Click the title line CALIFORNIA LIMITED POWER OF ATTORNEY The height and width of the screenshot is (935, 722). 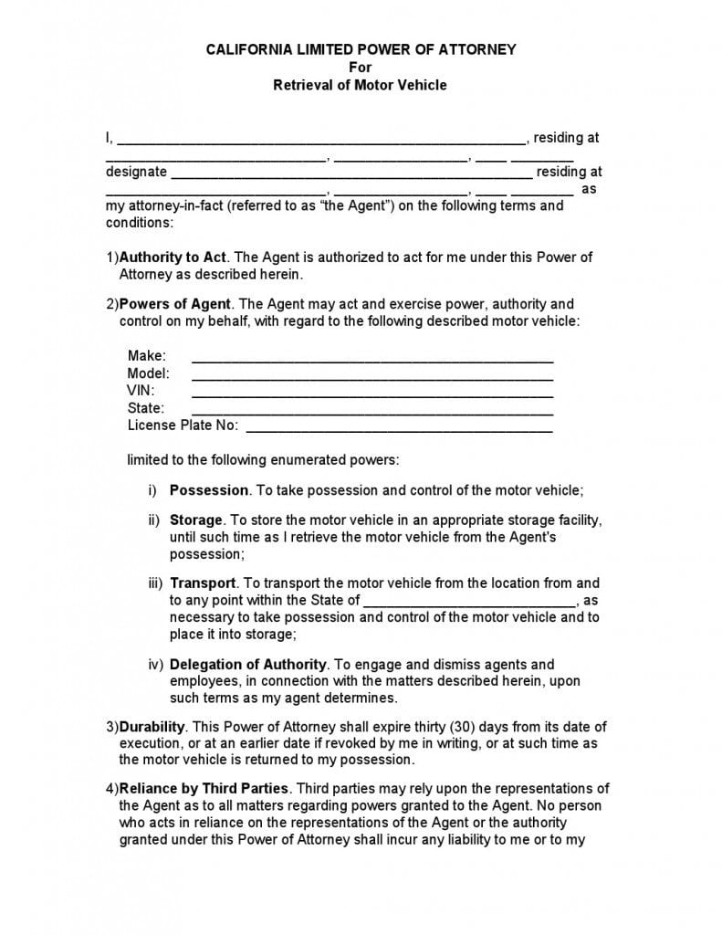click(x=361, y=49)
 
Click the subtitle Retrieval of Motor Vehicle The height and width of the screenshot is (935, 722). click(x=361, y=85)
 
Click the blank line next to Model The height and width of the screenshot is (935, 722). click(x=371, y=376)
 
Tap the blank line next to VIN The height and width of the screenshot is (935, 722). click(x=371, y=394)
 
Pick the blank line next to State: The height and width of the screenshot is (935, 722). click(x=371, y=411)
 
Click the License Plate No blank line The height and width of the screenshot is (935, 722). click(x=399, y=428)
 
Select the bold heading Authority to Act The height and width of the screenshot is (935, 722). click(x=173, y=257)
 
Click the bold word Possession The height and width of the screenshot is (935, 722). click(x=209, y=490)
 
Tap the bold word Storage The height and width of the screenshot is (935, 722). click(x=196, y=520)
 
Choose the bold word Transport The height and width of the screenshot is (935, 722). click(x=203, y=583)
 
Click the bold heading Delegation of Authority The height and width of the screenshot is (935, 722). click(x=248, y=665)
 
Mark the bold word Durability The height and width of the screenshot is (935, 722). click(x=152, y=728)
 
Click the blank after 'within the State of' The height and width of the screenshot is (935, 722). click(x=469, y=603)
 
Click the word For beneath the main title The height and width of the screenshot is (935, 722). click(x=361, y=68)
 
